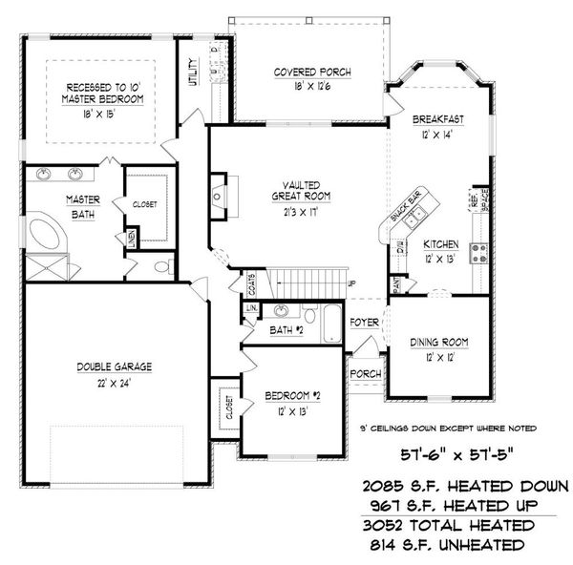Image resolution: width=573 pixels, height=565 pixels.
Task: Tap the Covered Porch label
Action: coord(312,73)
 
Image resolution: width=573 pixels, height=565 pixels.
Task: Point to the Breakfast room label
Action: coord(437,120)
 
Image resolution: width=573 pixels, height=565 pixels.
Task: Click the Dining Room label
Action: coord(437,342)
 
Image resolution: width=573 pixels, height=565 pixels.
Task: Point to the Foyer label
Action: coord(363,322)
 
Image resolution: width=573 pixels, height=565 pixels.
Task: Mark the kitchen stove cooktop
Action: coord(477,253)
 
